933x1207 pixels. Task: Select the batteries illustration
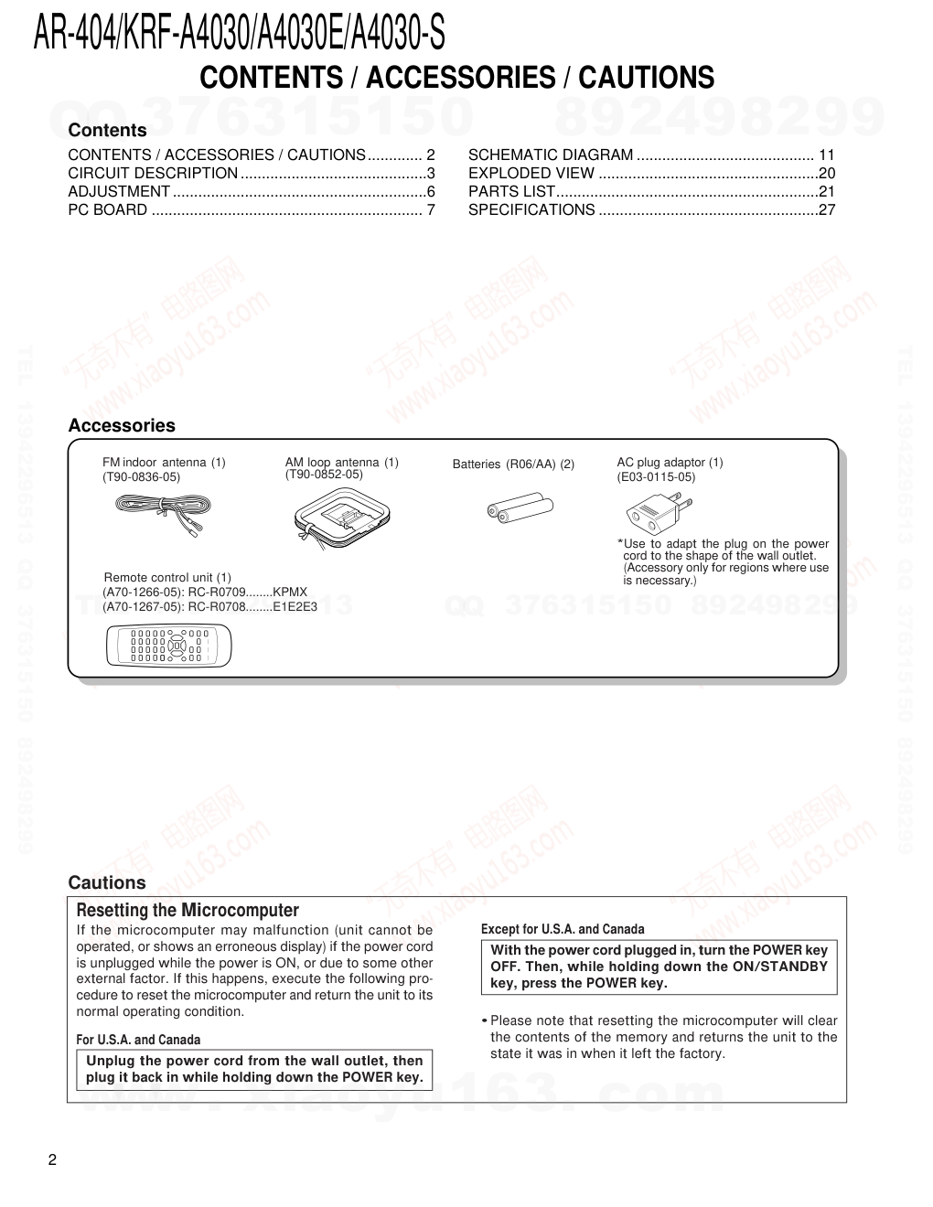tap(520, 507)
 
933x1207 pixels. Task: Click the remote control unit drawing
tap(161, 646)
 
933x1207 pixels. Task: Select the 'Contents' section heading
tap(107, 130)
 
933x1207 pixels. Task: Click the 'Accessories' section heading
tap(122, 425)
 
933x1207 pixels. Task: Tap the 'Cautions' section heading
tap(107, 882)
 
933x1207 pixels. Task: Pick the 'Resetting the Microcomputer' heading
tap(188, 910)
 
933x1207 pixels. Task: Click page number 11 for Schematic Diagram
tap(827, 155)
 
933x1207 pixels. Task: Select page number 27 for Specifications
tap(827, 210)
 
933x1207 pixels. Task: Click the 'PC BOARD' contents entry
tap(108, 210)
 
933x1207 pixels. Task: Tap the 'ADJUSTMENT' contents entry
tap(119, 192)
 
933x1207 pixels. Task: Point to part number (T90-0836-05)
tap(142, 477)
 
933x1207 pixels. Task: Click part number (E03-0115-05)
tap(656, 477)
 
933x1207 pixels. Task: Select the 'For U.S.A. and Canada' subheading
tap(138, 1040)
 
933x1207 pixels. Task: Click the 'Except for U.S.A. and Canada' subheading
tap(563, 929)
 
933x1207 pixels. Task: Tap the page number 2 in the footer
tap(52, 1160)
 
